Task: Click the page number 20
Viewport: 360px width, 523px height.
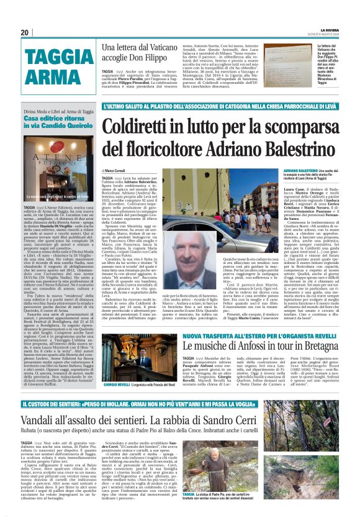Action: click(25, 33)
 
